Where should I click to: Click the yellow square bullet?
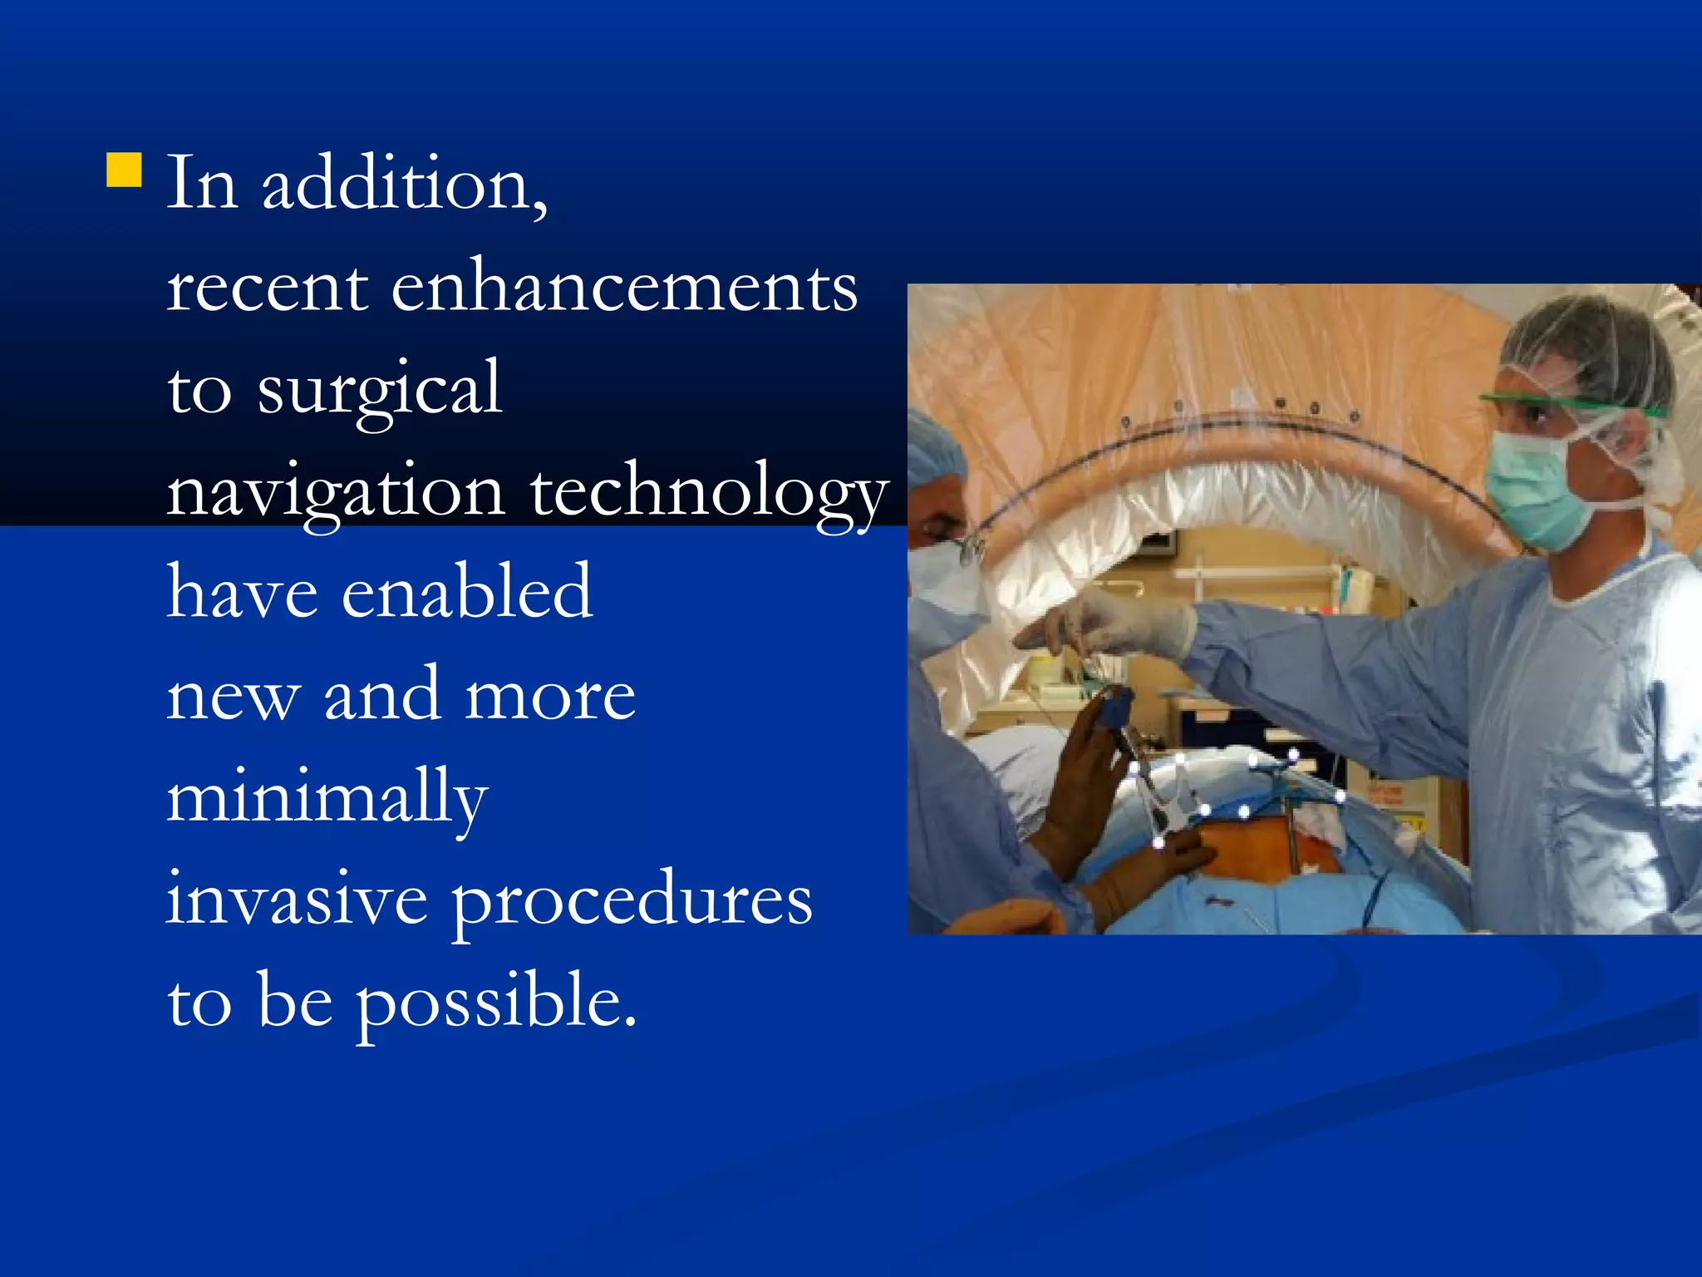coord(124,170)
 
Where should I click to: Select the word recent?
coord(267,288)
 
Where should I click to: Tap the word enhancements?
coord(623,288)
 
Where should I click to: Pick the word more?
coord(549,695)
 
